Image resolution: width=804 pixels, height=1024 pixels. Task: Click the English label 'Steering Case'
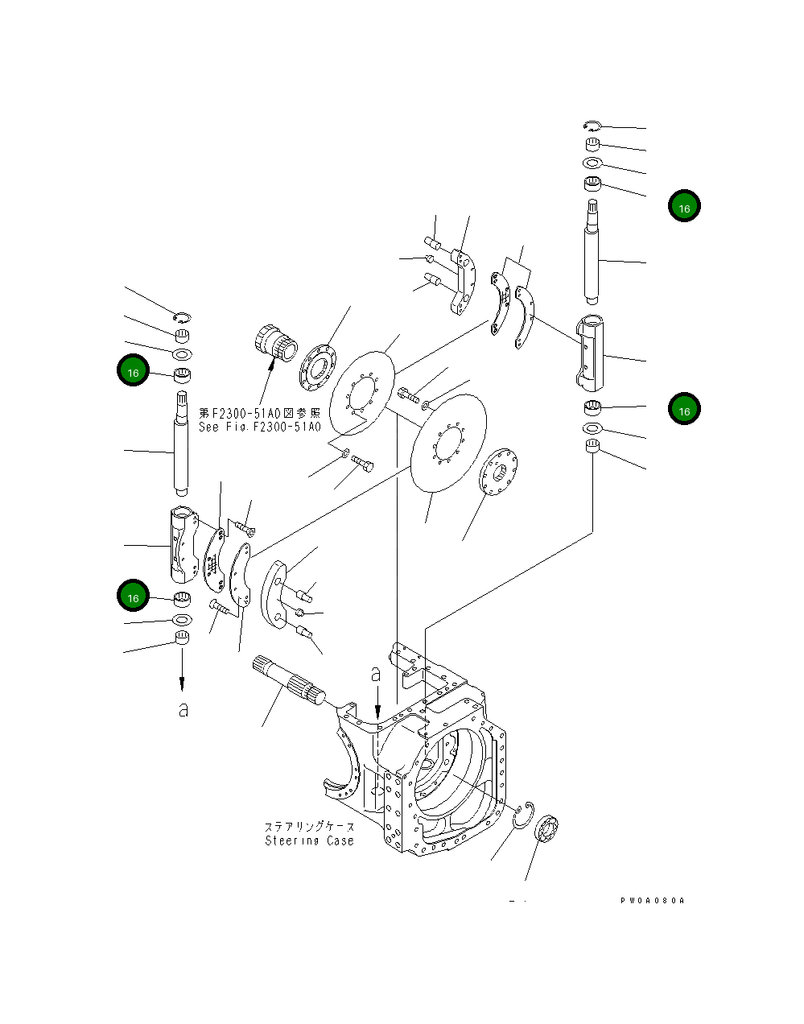309,840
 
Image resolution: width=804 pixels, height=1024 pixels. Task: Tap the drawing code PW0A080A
652,901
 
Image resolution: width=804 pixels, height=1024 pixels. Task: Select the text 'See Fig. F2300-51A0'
259,427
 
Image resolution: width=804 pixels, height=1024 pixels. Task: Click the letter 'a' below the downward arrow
183,710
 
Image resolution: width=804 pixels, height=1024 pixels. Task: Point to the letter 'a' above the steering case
375,674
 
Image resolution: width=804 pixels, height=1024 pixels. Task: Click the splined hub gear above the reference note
274,344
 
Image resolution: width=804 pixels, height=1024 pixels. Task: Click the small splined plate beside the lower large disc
498,477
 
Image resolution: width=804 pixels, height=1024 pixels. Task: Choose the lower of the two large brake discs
447,440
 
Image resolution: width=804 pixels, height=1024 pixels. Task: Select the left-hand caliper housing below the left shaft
182,543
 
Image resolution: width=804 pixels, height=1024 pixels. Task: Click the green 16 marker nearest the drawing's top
684,206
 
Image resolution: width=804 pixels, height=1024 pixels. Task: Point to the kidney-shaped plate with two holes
275,592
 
